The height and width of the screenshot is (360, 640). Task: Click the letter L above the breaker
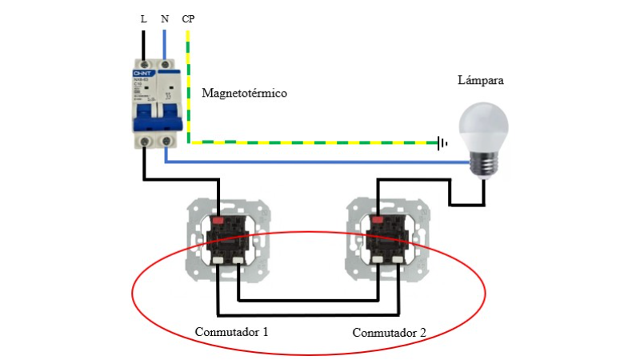143,17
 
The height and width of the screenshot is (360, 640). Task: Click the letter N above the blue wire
164,17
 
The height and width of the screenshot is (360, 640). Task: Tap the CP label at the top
188,17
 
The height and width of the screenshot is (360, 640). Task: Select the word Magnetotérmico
244,94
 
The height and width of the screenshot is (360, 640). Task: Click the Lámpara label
481,81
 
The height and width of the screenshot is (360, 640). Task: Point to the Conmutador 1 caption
231,330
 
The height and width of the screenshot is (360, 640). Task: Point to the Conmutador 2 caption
390,331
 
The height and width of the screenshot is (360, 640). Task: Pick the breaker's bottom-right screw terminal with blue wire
165,142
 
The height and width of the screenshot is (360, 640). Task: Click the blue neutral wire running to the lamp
320,162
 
